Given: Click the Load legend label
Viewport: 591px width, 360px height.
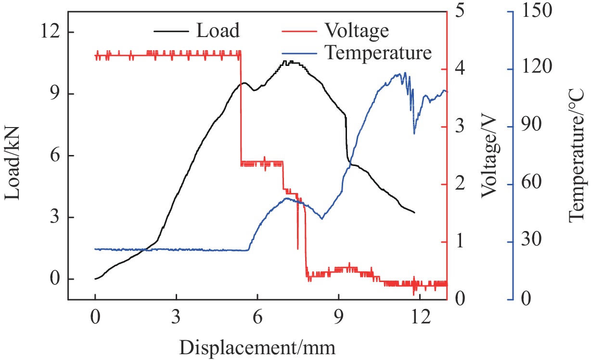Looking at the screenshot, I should [218, 31].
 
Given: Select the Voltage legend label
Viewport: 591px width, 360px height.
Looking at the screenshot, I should [357, 31].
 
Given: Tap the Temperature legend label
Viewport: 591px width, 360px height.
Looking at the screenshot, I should [378, 52].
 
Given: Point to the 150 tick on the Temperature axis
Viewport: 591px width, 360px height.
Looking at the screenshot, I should [532, 12].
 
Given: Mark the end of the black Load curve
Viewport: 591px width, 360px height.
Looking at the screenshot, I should [414, 212].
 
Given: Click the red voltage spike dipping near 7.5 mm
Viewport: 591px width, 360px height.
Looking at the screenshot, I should [298, 247].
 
